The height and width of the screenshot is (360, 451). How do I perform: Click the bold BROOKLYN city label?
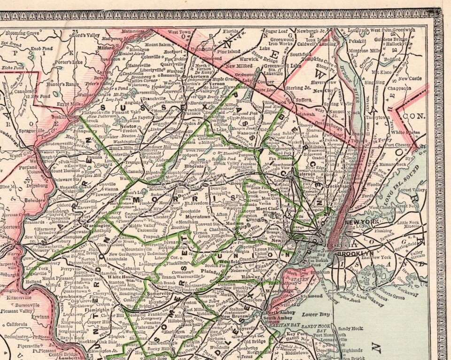[355, 253]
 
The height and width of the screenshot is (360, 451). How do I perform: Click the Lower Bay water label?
[313, 313]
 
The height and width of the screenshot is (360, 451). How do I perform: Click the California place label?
[17, 324]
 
